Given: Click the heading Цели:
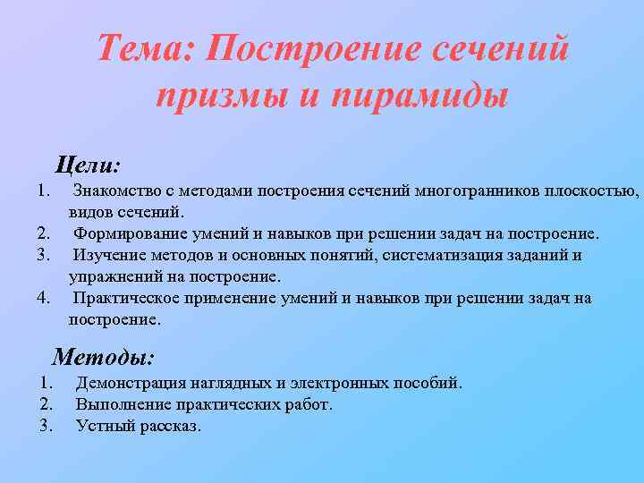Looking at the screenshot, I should tap(88, 165).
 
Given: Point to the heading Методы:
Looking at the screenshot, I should tap(104, 357).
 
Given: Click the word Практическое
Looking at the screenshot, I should tap(126, 298).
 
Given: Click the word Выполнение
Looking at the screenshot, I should tap(118, 404).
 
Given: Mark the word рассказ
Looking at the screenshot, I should tap(168, 426).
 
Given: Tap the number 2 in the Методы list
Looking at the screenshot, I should tap(47, 404).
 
